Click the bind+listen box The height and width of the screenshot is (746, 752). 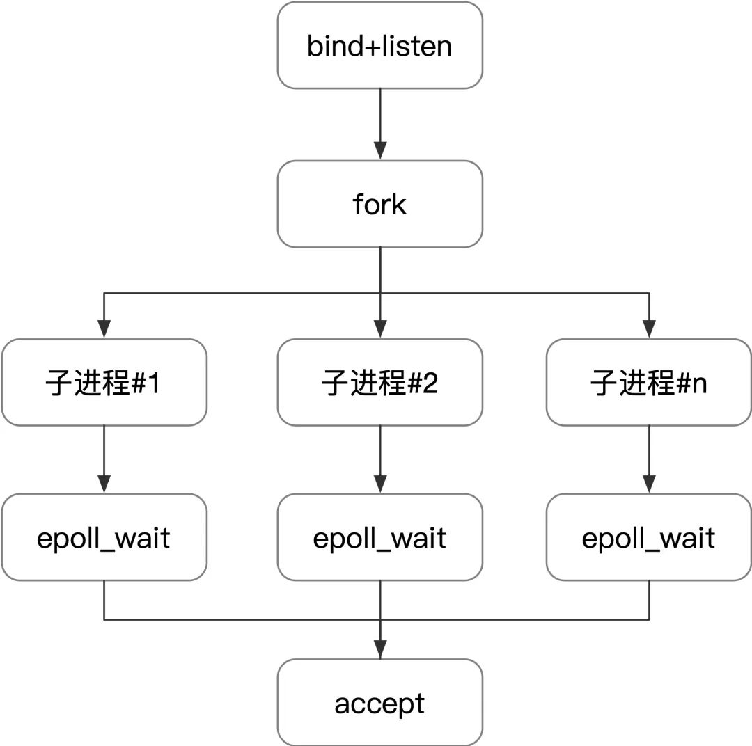pos(379,46)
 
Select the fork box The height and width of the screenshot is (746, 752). pos(379,205)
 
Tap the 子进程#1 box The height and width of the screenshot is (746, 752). pos(104,383)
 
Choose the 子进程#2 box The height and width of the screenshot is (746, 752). pos(379,383)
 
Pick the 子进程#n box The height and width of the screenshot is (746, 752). pos(649,383)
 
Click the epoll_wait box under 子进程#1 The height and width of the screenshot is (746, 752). pos(104,538)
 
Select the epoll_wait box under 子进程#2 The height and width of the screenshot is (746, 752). pos(379,538)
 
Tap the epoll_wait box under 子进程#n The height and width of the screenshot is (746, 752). pos(649,538)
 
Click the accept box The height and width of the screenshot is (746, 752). pos(379,703)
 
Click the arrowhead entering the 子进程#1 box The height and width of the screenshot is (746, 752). pos(104,329)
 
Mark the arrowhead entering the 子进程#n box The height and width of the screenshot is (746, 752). pos(649,329)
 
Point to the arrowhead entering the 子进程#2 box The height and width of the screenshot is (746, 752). pos(379,329)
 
